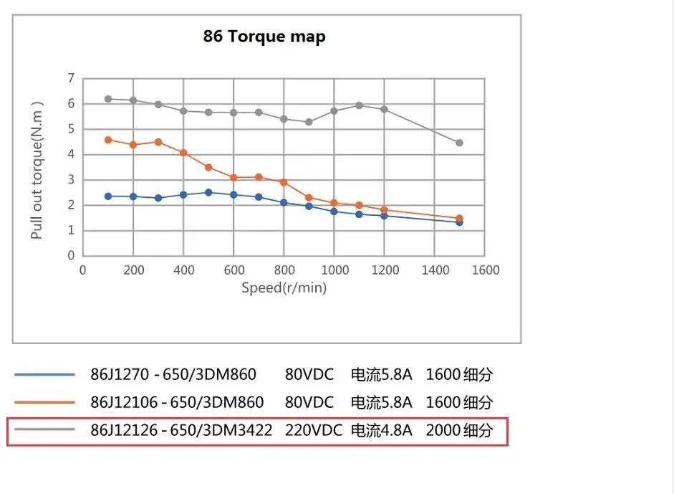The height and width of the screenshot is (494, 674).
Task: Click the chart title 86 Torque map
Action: tap(264, 37)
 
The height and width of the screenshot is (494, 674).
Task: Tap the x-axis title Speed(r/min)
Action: tap(284, 288)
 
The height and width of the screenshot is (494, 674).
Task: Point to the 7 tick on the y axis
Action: tap(71, 78)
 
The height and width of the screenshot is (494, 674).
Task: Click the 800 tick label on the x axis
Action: tap(284, 270)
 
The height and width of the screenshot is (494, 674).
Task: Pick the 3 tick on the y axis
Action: tap(71, 180)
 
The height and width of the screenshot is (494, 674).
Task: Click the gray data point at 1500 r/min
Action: tap(459, 143)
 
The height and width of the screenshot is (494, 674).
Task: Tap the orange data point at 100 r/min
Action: tap(108, 140)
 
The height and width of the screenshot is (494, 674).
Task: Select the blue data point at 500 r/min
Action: tap(208, 192)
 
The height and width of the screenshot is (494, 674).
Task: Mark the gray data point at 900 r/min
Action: tap(309, 122)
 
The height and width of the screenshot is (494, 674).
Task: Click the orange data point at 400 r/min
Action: tap(183, 153)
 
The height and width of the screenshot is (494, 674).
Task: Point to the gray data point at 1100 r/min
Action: tap(359, 105)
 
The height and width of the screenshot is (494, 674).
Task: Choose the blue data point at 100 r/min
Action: tap(108, 196)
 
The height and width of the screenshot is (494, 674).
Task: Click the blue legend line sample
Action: tap(44, 374)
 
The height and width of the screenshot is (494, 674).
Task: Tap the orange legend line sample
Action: tap(44, 402)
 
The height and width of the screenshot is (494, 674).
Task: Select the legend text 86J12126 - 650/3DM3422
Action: tap(181, 431)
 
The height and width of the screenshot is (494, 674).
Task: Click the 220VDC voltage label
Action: tap(309, 431)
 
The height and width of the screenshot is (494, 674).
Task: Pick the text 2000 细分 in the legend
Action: tap(459, 431)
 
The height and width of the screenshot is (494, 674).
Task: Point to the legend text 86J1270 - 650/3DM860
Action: tap(173, 374)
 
